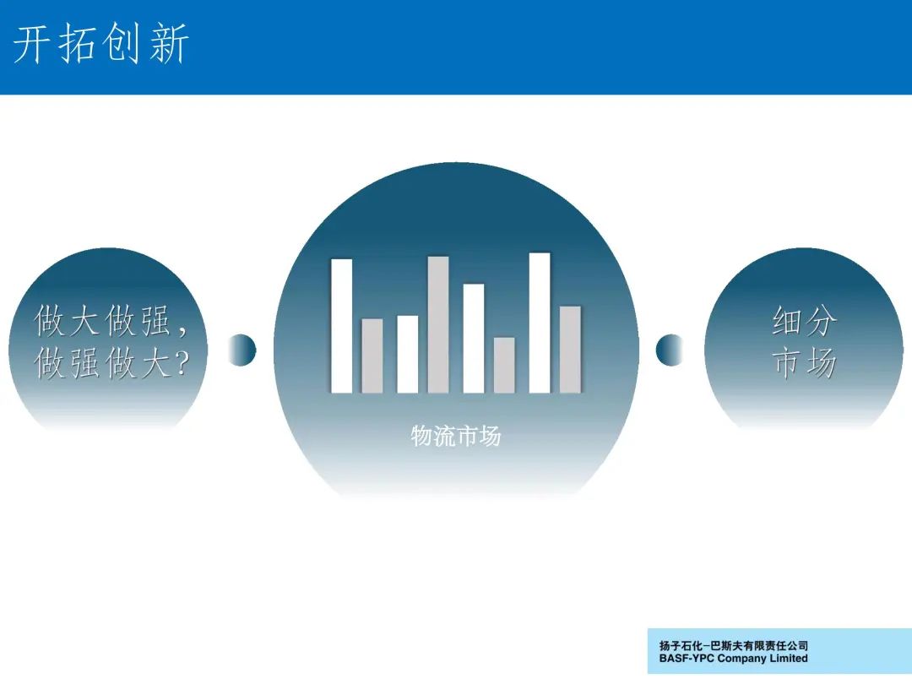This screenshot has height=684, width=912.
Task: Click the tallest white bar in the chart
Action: [539, 323]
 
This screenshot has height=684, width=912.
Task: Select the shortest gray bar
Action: [504, 366]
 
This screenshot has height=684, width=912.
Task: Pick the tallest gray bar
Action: [438, 324]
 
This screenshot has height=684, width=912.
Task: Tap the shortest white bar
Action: [407, 354]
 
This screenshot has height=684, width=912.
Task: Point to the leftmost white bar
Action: [341, 326]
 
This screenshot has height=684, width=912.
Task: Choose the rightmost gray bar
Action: [570, 350]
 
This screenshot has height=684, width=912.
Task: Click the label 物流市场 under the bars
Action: [456, 436]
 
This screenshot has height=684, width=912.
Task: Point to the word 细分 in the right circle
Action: [805, 321]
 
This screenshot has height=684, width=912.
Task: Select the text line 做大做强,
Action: [111, 321]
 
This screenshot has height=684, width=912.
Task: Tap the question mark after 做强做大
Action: [182, 363]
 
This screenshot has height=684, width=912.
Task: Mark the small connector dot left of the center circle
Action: [242, 350]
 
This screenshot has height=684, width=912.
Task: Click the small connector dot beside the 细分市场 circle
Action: [670, 350]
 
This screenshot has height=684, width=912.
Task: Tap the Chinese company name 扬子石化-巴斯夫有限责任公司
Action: [734, 646]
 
